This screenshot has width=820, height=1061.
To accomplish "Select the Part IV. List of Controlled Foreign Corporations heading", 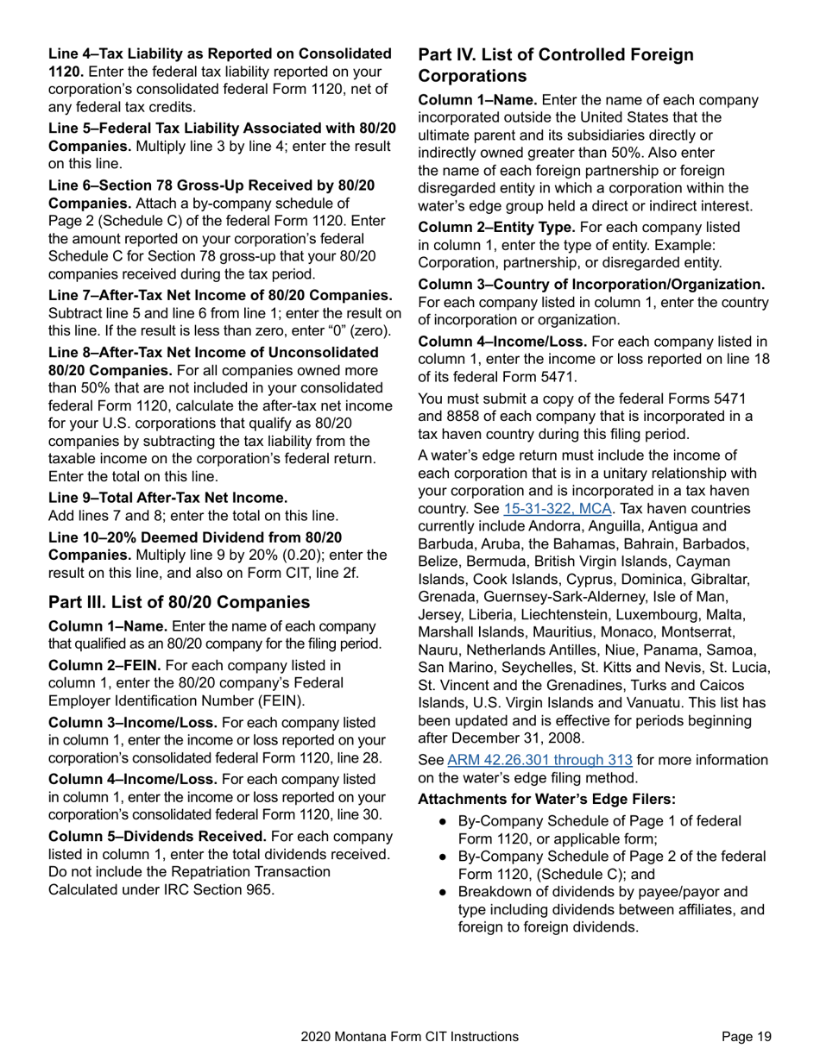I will point(556,66).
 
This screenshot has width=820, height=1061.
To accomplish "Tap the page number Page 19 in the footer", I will point(747,1037).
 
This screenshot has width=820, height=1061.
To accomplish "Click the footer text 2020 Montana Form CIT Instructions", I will point(410,1037).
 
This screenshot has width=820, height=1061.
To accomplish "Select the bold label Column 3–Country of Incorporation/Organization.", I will point(591,284).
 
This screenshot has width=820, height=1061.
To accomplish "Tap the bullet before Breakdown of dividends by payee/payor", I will point(442,892).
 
